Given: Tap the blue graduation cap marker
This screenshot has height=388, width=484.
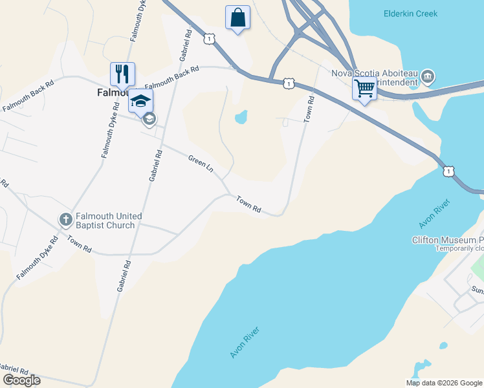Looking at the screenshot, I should (x=140, y=100).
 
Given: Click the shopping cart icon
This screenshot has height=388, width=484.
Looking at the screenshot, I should (x=365, y=87).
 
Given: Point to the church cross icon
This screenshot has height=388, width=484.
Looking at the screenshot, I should (x=65, y=220).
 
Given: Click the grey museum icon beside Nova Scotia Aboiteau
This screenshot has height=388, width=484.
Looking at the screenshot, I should (x=427, y=78).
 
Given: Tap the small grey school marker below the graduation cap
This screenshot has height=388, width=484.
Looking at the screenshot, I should (x=149, y=118).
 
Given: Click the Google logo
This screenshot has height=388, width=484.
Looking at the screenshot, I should (x=21, y=380).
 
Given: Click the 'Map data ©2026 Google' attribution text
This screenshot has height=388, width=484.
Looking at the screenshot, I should (x=444, y=383).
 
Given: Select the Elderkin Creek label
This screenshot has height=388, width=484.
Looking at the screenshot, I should (x=410, y=14).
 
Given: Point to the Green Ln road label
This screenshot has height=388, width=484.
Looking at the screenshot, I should (x=201, y=163).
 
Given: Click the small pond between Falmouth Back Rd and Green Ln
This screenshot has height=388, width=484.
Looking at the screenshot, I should (x=241, y=117).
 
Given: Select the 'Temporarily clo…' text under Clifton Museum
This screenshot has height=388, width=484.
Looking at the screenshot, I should (x=459, y=248).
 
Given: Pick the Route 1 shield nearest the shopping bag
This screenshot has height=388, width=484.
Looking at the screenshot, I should (x=208, y=39).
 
